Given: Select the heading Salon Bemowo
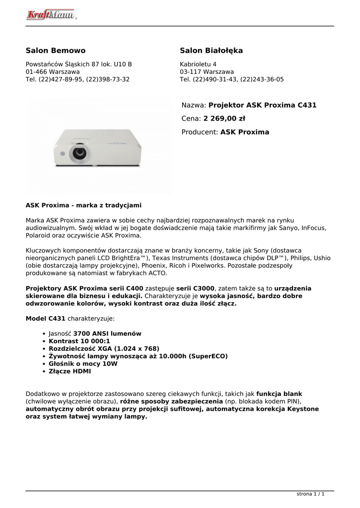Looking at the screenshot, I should [x=56, y=51].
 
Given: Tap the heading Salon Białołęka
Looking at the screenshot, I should [x=211, y=51].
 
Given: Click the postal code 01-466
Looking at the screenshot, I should [x=37, y=72].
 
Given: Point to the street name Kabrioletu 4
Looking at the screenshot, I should [x=198, y=64].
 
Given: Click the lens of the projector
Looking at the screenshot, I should [x=79, y=153].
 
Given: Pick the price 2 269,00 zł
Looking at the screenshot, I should [x=224, y=119].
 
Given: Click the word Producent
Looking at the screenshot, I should [x=200, y=132].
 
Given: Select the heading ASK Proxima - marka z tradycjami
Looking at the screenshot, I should [x=83, y=205].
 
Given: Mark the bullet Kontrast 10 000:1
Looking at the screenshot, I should [x=79, y=341].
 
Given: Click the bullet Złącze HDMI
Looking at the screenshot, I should [x=70, y=371].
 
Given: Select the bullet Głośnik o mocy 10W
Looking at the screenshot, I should [x=83, y=364].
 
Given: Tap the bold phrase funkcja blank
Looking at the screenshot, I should [x=279, y=394].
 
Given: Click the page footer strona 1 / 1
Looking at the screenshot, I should [x=310, y=494].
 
